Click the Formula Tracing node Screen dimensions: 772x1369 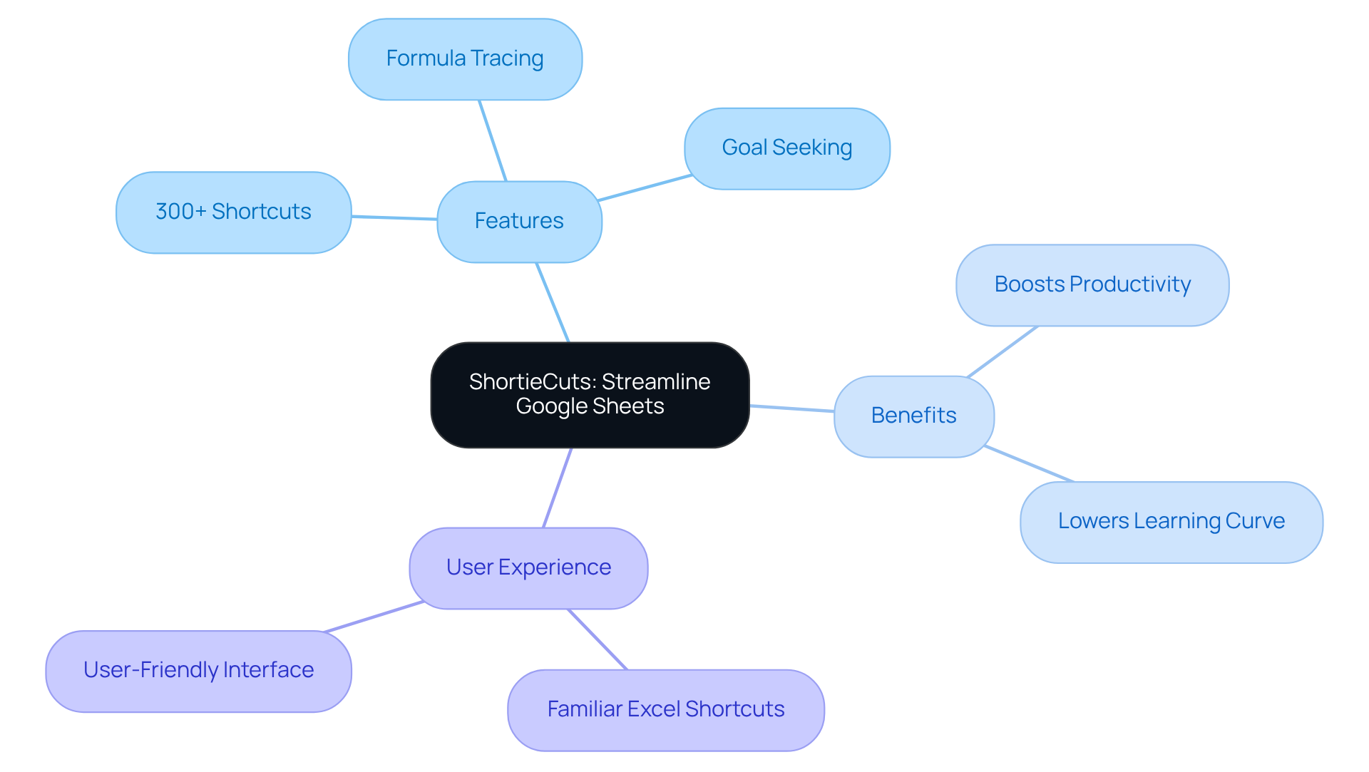pyautogui.click(x=465, y=59)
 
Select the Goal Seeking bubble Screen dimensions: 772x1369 pyautogui.click(x=786, y=148)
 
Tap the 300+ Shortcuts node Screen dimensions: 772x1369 pyautogui.click(x=233, y=212)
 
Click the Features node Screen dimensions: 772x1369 pyautogui.click(x=519, y=221)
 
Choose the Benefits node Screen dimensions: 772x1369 pyautogui.click(x=913, y=416)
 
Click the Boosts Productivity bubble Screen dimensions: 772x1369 pyautogui.click(x=1092, y=285)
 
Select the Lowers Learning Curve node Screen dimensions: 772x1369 pyautogui.click(x=1171, y=522)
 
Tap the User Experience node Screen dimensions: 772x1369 pyautogui.click(x=528, y=567)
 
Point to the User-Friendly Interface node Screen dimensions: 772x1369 pyautogui.click(x=198, y=670)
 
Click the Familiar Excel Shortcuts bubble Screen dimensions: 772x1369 pyautogui.click(x=665, y=709)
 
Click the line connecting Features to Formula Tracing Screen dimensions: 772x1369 pyautogui.click(x=493, y=140)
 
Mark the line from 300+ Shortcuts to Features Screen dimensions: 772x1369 pyautogui.click(x=394, y=217)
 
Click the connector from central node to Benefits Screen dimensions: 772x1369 pyautogui.click(x=791, y=408)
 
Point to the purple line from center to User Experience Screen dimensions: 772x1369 pyautogui.click(x=558, y=488)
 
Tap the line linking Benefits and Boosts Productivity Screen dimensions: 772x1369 pyautogui.click(x=1002, y=351)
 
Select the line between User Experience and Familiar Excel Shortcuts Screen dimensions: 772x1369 pyautogui.click(x=598, y=639)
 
